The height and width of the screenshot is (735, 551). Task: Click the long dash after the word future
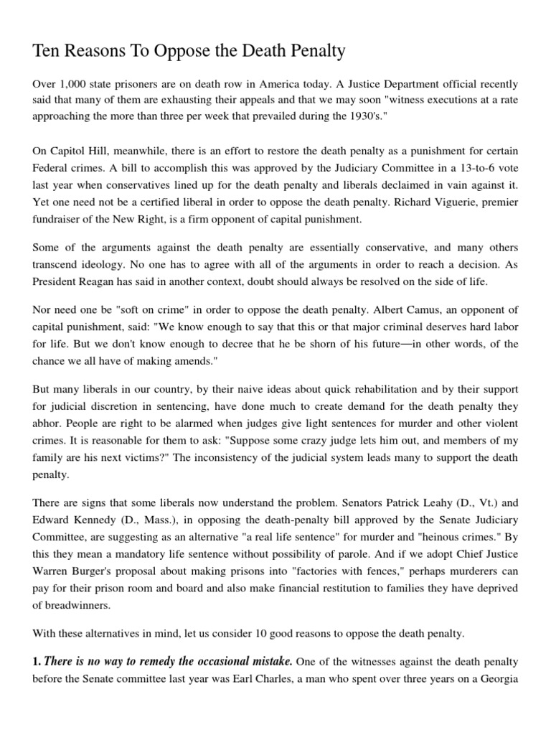[393, 344]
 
